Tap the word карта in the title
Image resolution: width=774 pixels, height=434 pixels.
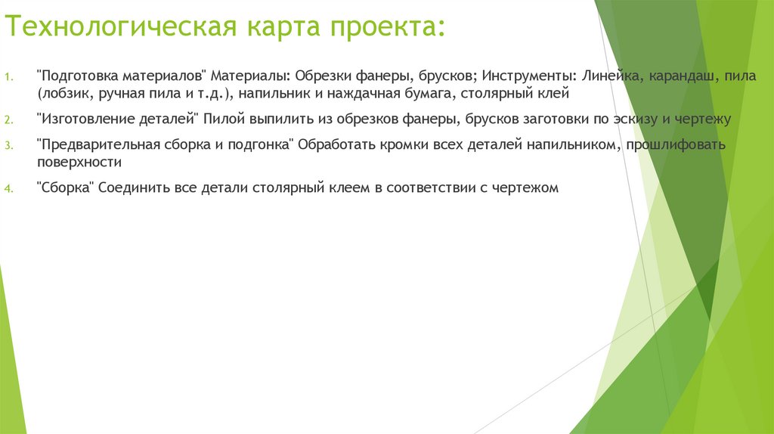point(279,29)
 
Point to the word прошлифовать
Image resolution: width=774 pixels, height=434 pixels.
point(675,144)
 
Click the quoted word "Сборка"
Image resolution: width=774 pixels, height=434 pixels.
point(63,188)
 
